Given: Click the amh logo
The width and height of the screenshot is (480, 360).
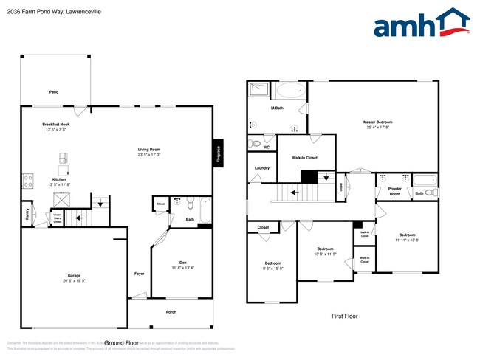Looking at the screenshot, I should (x=421, y=24).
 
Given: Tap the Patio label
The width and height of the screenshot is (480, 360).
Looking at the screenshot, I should (x=54, y=92).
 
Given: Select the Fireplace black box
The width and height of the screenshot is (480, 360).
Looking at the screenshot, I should (x=218, y=153).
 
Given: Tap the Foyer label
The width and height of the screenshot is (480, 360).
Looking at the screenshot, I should (x=139, y=274).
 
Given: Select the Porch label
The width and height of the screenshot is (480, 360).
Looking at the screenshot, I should (x=171, y=312).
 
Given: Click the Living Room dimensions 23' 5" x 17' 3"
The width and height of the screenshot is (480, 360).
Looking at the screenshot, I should (x=149, y=155).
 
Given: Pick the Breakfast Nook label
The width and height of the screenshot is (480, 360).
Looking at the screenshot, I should (x=56, y=125).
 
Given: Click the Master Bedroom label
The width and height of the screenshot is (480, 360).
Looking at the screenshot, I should (x=377, y=122).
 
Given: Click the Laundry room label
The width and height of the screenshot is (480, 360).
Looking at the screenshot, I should (x=262, y=168).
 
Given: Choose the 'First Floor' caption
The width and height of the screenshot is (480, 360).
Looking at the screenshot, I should (x=343, y=316).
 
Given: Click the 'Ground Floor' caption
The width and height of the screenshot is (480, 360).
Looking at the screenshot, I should (x=121, y=343).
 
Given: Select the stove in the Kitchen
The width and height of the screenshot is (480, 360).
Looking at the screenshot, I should (x=27, y=179).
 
